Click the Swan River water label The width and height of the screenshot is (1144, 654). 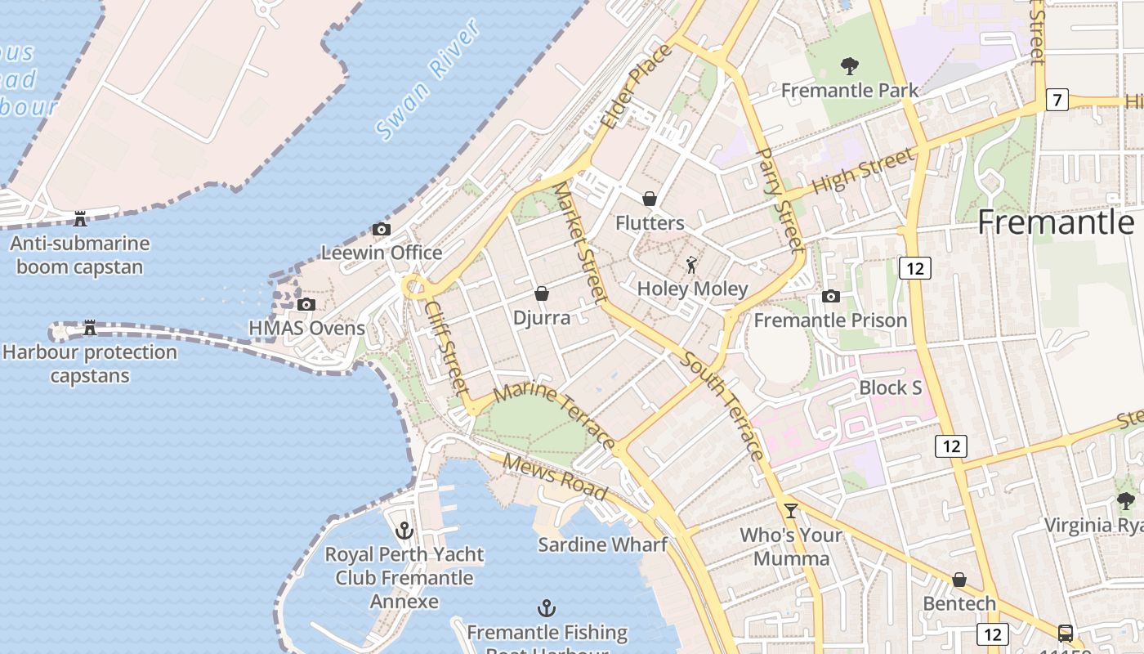pos(428,79)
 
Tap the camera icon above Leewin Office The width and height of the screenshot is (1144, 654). pos(381,230)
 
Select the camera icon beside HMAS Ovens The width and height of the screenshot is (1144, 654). pos(306,305)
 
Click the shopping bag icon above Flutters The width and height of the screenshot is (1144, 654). pos(650,199)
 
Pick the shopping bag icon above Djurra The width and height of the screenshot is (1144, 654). pos(541,293)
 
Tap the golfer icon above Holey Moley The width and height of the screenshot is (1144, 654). pos(692,265)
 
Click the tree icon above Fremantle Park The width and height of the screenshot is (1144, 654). pos(850,66)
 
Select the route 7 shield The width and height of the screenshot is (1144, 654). pos(1057,101)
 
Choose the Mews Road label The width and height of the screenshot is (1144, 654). pos(555,477)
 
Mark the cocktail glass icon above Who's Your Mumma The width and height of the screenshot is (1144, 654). pos(790,511)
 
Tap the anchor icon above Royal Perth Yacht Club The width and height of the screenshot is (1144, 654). pos(404,531)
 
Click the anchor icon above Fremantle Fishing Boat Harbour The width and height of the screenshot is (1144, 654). pos(547,608)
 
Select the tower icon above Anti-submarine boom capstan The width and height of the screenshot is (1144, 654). pos(80,218)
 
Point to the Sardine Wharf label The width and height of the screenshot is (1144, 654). pos(602,544)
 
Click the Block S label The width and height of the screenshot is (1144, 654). pos(890,387)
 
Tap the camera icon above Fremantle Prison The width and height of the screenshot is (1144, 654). pos(831,296)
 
